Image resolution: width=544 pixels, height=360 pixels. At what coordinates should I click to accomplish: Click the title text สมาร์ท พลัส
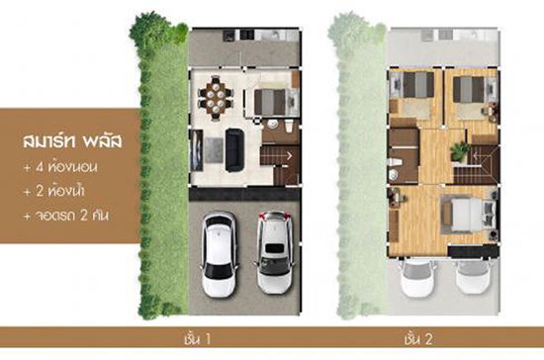[x=72, y=141]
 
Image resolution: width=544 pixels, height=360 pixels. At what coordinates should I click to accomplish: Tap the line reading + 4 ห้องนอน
[x=60, y=167]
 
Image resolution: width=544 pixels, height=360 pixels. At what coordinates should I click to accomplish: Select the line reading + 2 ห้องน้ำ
[x=53, y=191]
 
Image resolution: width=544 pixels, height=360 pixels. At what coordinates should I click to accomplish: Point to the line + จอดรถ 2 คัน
[x=66, y=216]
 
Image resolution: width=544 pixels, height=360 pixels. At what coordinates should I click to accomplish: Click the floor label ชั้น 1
[x=198, y=338]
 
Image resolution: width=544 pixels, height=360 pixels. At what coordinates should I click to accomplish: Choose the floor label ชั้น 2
[x=418, y=338]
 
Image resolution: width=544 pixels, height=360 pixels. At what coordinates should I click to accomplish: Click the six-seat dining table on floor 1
[x=216, y=98]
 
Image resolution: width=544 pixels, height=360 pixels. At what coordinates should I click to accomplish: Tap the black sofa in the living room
[x=234, y=149]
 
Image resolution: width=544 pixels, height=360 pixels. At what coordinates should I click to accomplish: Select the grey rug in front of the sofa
[x=214, y=149]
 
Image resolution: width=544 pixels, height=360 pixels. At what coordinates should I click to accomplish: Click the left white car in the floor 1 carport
[x=220, y=254]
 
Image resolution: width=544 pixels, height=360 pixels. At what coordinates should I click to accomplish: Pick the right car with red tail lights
[x=276, y=252]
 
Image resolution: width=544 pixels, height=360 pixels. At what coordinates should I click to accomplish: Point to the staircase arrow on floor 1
[x=288, y=155]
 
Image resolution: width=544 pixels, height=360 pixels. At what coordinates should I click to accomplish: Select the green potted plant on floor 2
[x=460, y=151]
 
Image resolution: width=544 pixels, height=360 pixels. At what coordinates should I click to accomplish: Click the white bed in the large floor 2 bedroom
[x=468, y=213]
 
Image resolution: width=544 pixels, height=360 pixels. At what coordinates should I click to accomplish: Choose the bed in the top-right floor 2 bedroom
[x=470, y=89]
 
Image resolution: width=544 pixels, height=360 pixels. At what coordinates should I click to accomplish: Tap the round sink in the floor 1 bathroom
[x=273, y=124]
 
